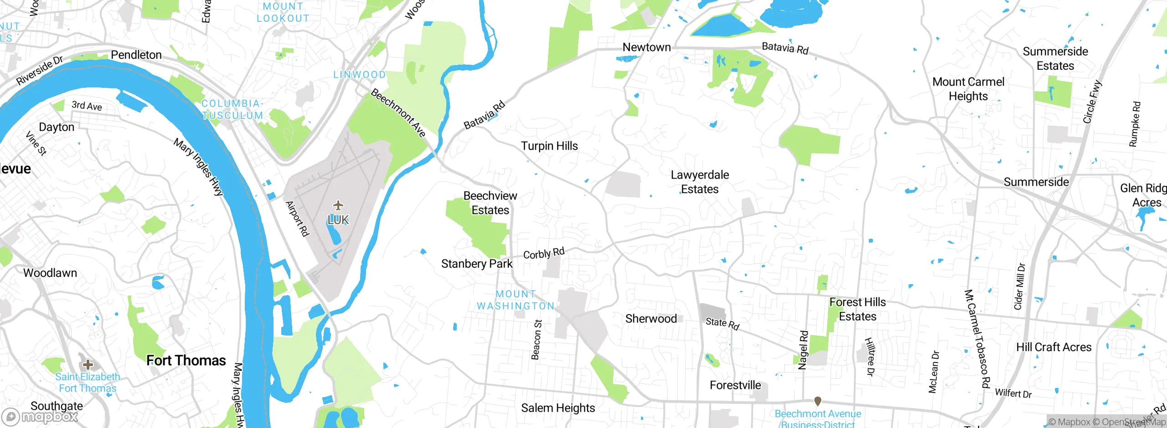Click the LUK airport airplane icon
[338, 205]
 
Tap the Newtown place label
[646, 47]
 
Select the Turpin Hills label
[549, 146]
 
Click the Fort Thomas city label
[186, 361]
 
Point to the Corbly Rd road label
[544, 253]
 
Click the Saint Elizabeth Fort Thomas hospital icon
[88, 364]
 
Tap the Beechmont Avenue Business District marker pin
[818, 401]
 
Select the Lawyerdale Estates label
[700, 182]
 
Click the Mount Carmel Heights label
[968, 89]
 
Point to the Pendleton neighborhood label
[136, 55]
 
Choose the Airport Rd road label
[297, 219]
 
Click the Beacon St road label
[537, 340]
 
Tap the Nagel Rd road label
[803, 350]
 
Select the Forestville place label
[735, 386]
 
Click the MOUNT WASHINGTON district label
[516, 301]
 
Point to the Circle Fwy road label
[1092, 102]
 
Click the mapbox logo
[40, 417]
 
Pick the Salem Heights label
[558, 408]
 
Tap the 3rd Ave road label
[87, 106]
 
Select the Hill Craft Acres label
[1054, 347]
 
